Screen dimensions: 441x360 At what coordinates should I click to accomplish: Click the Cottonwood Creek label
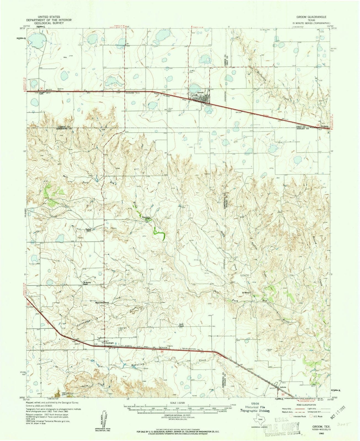tap(84, 321)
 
